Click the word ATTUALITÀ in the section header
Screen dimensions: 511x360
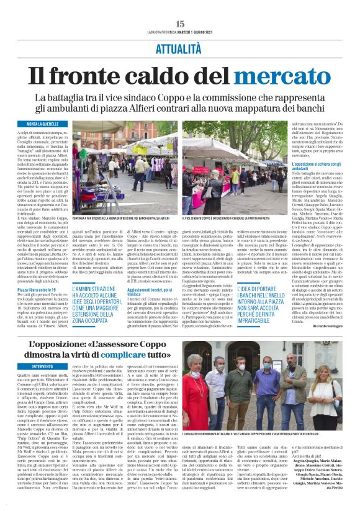coord(180,47)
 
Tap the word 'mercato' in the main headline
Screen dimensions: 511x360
coord(282,77)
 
